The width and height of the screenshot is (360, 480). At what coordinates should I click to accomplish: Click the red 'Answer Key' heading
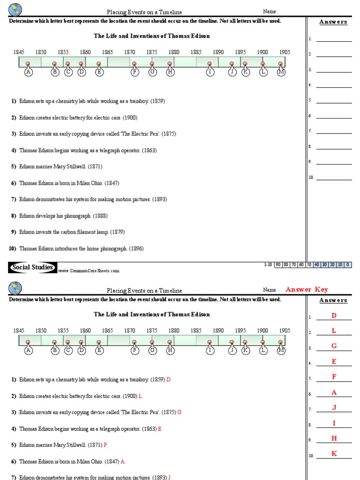[307, 290]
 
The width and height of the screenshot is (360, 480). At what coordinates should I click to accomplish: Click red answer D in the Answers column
[334, 316]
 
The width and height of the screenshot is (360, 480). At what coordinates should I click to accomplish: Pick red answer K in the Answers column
[334, 454]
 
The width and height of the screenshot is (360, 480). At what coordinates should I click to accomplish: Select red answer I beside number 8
[334, 423]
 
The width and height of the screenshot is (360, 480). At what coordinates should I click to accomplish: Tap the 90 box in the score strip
[278, 265]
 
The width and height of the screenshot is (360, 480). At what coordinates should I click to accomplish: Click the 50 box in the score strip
[309, 265]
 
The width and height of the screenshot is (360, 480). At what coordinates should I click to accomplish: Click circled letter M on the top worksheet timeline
[281, 72]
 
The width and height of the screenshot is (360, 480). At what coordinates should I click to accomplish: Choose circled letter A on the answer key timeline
[28, 350]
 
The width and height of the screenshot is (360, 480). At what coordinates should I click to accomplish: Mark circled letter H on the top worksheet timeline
[170, 72]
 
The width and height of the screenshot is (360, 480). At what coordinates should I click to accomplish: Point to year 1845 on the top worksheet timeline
[19, 52]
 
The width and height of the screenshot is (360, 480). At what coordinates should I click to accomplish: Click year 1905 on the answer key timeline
[285, 330]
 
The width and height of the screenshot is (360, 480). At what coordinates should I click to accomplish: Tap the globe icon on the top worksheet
[15, 9]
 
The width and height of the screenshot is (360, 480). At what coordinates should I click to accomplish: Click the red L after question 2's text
[141, 396]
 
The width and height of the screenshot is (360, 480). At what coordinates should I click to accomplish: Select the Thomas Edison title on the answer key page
[152, 315]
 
